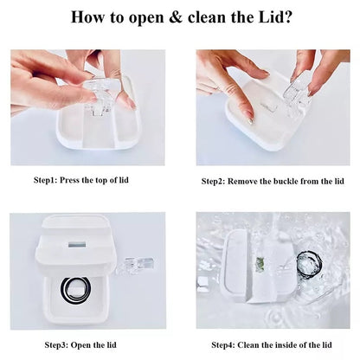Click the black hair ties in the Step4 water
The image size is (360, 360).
click(x=308, y=267)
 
